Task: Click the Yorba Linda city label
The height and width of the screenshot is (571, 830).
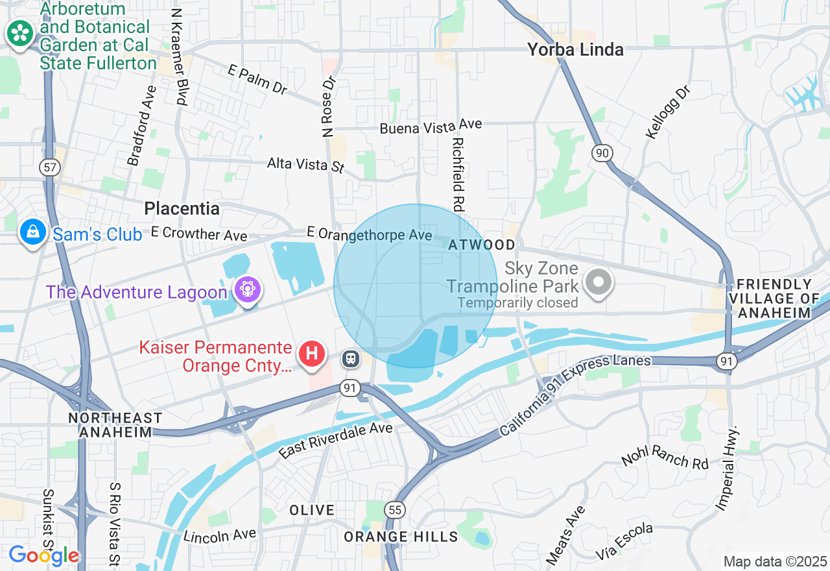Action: tap(575, 50)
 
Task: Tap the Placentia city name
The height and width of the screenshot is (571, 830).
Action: tap(182, 208)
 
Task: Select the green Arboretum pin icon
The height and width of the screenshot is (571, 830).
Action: tap(20, 33)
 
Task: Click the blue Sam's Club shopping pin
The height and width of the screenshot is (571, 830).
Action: tap(32, 232)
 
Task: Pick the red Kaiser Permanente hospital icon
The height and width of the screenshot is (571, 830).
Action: tap(312, 354)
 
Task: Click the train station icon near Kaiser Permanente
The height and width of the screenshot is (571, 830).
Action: tap(351, 358)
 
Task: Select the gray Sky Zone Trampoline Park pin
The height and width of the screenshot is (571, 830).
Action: tap(599, 282)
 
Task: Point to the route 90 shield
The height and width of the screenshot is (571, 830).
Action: tap(602, 153)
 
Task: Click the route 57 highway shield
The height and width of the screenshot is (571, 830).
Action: tap(49, 167)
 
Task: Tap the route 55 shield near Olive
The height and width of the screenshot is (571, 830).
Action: tap(394, 509)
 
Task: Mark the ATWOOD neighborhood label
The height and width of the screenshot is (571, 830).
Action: tap(482, 245)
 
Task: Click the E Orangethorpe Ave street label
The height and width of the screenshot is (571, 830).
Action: tap(369, 234)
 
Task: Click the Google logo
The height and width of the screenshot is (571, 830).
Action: tap(43, 555)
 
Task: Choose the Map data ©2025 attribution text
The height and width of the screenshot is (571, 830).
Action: tap(775, 561)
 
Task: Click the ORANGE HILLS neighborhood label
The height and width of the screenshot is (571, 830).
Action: tap(401, 537)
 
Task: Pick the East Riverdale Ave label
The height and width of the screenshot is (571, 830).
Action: tap(335, 441)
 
